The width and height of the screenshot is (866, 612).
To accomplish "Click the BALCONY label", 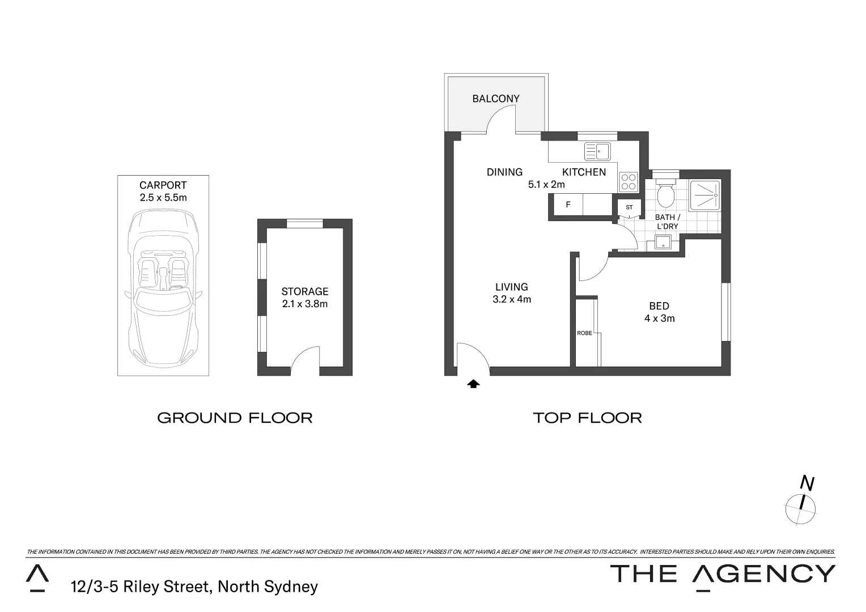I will pyautogui.click(x=496, y=99).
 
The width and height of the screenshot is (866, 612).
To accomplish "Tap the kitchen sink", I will pyautogui.click(x=597, y=152).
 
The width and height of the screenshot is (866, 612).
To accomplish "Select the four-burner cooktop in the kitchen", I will pyautogui.click(x=629, y=181).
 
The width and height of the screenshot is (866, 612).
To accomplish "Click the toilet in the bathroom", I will pyautogui.click(x=665, y=194).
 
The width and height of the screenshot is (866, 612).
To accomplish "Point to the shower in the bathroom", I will pyautogui.click(x=705, y=195).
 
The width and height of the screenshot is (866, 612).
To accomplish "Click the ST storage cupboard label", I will pyautogui.click(x=629, y=207).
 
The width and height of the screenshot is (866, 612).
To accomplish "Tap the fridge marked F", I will pyautogui.click(x=568, y=205).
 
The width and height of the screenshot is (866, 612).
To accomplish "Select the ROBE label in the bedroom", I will pyautogui.click(x=584, y=333).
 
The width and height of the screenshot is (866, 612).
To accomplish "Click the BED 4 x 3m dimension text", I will pyautogui.click(x=659, y=318).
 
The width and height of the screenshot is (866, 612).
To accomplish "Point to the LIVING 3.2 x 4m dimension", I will pyautogui.click(x=512, y=299).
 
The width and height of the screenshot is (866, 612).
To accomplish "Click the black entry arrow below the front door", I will pyautogui.click(x=473, y=384).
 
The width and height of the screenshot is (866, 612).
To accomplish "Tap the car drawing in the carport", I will pyautogui.click(x=163, y=289).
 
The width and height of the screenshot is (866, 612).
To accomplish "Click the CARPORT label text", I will pyautogui.click(x=163, y=185).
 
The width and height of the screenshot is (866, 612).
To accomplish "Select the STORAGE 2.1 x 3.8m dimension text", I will pyautogui.click(x=305, y=304).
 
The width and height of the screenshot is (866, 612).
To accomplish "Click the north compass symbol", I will pyautogui.click(x=800, y=507).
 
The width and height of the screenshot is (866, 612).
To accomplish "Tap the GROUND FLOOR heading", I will pyautogui.click(x=235, y=418).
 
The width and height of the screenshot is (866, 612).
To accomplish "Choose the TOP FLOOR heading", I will pyautogui.click(x=587, y=418).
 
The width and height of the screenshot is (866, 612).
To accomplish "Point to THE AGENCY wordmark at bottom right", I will pyautogui.click(x=722, y=574).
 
